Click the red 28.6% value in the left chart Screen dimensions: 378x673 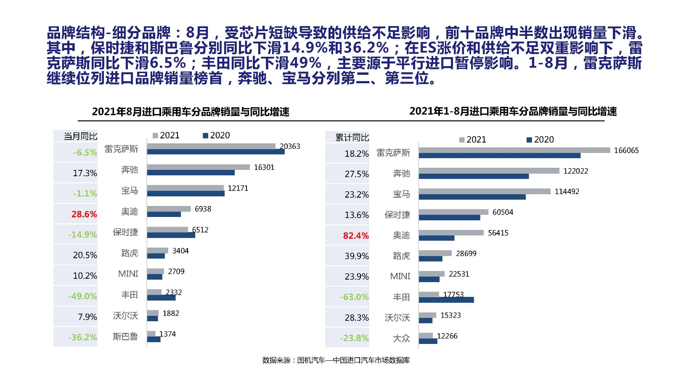84,214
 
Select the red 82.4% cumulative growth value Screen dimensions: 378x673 356,235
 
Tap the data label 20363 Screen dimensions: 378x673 290,146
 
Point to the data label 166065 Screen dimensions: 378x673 626,151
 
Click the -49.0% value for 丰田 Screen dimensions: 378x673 82,296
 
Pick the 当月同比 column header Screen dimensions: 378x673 80,136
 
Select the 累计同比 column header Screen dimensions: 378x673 352,137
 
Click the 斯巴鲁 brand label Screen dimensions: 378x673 125,336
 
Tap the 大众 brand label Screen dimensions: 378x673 401,338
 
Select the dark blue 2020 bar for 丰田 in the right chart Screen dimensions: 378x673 446,300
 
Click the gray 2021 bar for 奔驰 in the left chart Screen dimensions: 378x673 198,167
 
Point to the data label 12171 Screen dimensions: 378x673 238,188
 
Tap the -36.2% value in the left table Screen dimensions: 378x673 82,337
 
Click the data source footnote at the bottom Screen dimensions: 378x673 336,360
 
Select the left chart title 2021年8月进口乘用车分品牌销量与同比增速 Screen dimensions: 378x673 191,112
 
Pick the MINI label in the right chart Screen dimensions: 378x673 400,276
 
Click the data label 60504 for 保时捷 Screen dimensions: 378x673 503,212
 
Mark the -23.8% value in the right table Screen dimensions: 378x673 354,338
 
